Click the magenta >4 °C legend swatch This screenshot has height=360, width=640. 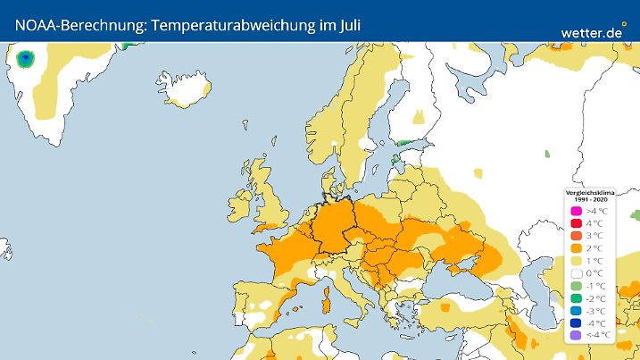point(576,211)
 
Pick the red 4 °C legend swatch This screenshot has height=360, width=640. point(576,223)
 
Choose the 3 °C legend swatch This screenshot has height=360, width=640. point(576,236)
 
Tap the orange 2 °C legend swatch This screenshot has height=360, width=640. point(576,248)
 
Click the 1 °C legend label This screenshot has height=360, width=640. point(594,261)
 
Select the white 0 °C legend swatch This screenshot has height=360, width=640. point(576,273)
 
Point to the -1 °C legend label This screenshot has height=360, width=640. point(595,286)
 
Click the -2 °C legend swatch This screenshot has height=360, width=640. point(576,298)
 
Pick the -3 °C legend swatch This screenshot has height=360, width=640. point(576,311)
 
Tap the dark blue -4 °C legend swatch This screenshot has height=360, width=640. point(576,323)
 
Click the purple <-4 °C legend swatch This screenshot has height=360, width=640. point(576,336)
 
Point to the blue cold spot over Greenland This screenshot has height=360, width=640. point(27,61)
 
